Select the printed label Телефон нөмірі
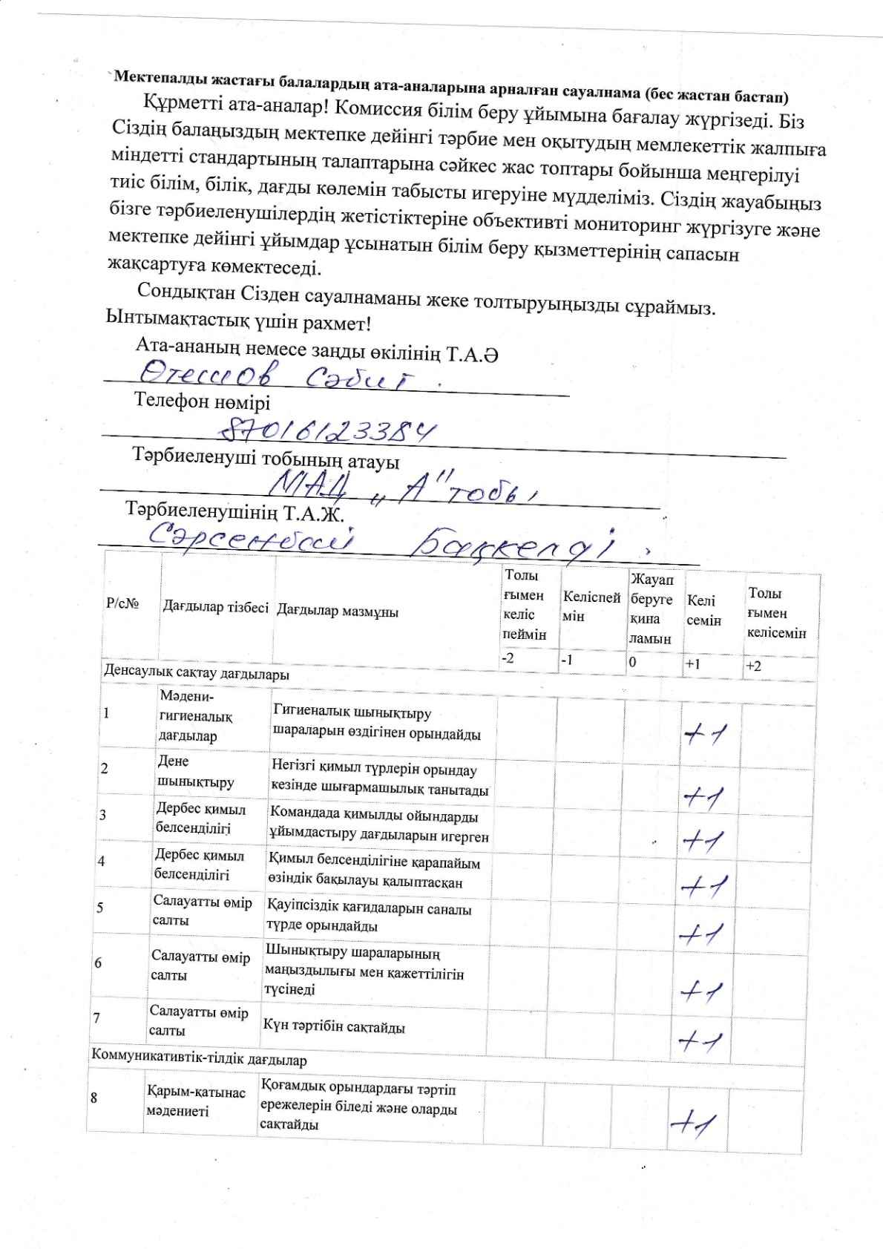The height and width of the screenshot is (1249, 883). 203,402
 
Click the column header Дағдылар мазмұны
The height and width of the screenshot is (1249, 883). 338,612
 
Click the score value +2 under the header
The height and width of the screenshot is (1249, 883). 753,666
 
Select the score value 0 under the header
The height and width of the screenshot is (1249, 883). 631,661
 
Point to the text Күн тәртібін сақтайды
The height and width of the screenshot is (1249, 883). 334,1027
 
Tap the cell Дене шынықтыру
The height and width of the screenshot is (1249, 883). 195,771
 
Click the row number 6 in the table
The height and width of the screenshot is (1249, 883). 98,963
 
